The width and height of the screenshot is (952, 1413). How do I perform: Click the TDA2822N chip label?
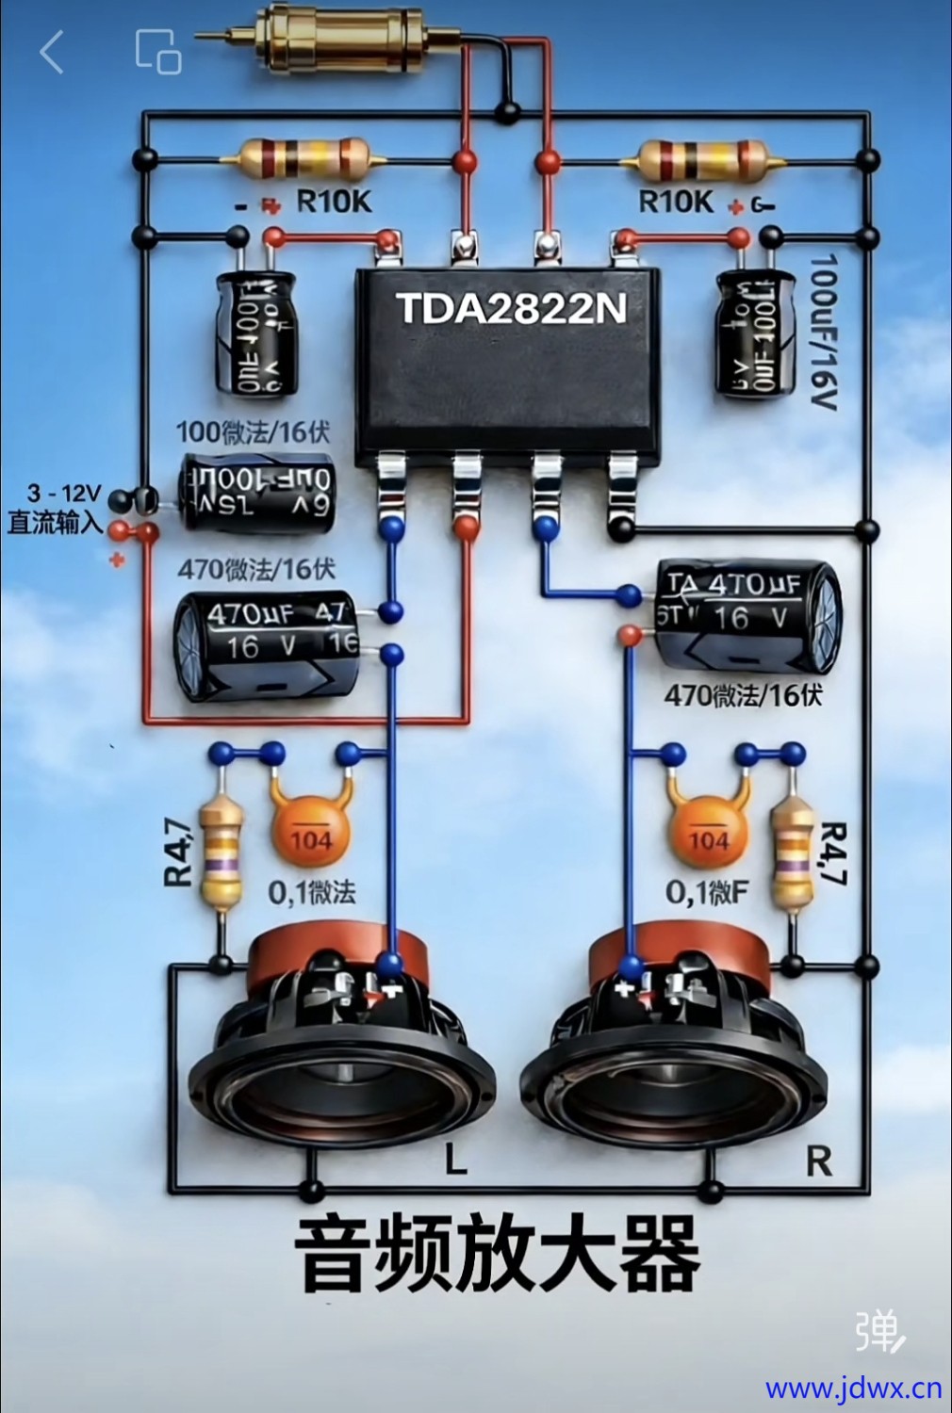(511, 309)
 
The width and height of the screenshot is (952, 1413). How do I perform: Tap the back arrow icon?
(52, 51)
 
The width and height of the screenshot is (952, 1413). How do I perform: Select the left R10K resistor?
(304, 158)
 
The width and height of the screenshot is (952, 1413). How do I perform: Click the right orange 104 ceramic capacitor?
(708, 833)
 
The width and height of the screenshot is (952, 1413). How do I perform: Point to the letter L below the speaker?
(456, 1161)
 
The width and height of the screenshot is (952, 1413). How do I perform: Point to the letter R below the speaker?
(818, 1162)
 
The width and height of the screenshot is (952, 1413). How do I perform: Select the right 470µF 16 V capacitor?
(746, 616)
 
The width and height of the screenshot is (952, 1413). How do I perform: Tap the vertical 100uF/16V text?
(823, 330)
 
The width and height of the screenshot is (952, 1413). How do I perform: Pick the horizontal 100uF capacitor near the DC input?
(257, 495)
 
